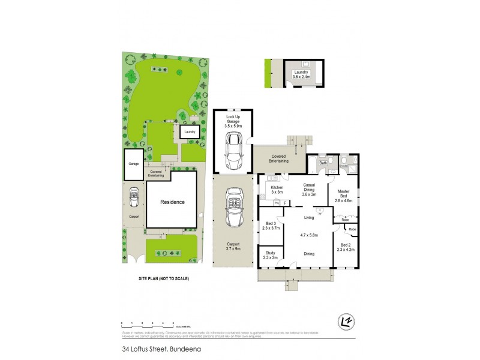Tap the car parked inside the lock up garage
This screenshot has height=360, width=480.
(x=233, y=151)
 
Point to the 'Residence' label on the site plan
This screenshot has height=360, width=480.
(x=172, y=202)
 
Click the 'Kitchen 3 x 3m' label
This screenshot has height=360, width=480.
(x=277, y=190)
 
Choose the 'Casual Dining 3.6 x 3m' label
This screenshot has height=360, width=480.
(x=309, y=190)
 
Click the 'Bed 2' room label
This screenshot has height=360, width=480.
(x=345, y=247)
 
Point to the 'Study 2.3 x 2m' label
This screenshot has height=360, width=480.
(x=271, y=256)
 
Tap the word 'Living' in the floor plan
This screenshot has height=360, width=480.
(x=309, y=217)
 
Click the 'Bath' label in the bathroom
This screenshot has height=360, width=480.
(x=322, y=163)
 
